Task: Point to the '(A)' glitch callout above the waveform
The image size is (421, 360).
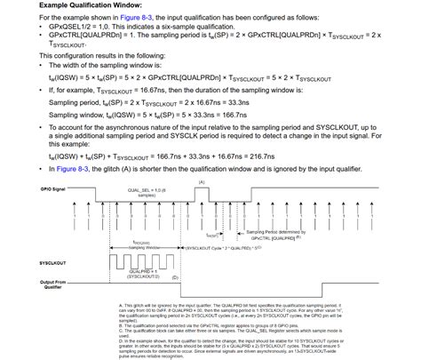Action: (x=202, y=181)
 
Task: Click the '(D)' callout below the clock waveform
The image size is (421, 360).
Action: (x=174, y=277)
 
